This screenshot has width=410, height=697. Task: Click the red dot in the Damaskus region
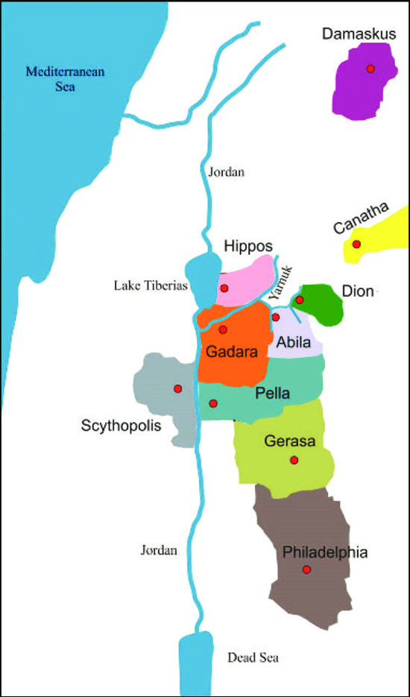[x=370, y=69]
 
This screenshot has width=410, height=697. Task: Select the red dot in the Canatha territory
[x=357, y=244]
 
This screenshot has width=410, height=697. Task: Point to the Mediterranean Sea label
[x=66, y=79]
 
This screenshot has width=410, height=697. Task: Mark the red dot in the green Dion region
[x=300, y=300]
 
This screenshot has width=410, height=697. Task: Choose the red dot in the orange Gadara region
[x=223, y=329]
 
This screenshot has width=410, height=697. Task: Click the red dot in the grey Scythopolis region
[x=177, y=388]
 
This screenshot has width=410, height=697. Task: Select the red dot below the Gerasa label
[x=294, y=460]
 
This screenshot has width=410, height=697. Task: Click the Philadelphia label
[x=326, y=552]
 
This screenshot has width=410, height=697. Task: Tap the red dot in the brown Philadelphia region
[x=306, y=570]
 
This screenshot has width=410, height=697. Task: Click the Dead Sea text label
[x=253, y=658]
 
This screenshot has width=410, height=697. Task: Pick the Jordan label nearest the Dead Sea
[x=160, y=550]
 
